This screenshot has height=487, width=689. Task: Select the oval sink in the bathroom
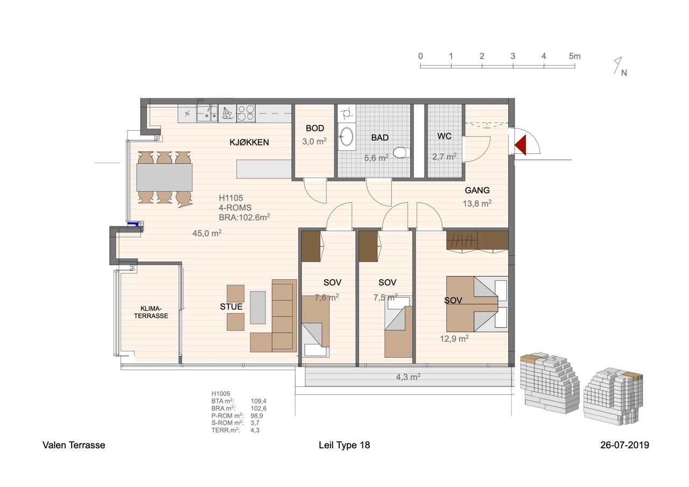347,137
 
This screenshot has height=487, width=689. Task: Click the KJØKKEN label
249,143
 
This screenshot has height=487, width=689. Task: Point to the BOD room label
315,128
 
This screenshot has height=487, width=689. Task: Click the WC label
444,136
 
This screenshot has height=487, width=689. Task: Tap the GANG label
477,190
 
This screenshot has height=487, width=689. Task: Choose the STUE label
231,307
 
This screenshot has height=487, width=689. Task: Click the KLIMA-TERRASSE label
151,312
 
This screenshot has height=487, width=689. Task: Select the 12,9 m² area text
454,338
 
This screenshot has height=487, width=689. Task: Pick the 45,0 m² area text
207,233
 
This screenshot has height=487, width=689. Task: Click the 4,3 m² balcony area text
408,377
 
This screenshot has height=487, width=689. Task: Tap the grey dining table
165,178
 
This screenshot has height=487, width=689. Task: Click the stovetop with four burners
246,113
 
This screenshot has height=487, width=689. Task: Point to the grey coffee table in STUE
258,307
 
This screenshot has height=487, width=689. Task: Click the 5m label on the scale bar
574,57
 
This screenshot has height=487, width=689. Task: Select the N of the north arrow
624,73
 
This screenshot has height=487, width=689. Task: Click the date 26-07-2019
625,445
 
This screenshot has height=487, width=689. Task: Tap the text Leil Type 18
344,445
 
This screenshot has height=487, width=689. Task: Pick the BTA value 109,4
258,401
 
